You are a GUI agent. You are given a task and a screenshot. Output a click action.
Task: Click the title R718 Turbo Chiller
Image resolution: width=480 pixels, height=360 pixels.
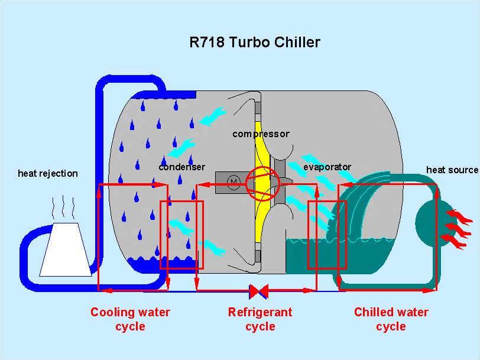254,43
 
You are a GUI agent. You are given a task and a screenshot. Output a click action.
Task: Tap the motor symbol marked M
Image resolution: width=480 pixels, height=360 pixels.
233,181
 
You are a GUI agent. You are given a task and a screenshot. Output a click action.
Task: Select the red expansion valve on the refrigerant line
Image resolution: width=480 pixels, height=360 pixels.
260,291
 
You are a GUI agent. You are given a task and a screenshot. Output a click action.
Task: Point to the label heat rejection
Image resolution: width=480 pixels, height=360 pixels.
48,173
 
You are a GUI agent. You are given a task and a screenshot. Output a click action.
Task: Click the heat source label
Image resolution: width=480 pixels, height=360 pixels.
452,170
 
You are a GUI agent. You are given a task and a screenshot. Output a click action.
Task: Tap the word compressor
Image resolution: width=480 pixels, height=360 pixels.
261,134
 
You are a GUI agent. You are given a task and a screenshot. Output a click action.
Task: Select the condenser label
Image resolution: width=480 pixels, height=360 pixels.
181,167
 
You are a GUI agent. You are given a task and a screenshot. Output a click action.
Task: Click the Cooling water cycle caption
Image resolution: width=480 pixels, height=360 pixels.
130,319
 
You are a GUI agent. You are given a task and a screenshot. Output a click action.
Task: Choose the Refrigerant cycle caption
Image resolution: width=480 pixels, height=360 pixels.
260,319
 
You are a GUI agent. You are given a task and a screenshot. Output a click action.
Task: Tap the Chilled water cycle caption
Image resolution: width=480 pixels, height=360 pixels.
391,319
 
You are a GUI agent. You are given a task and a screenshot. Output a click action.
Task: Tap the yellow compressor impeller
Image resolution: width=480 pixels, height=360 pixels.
261,219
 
